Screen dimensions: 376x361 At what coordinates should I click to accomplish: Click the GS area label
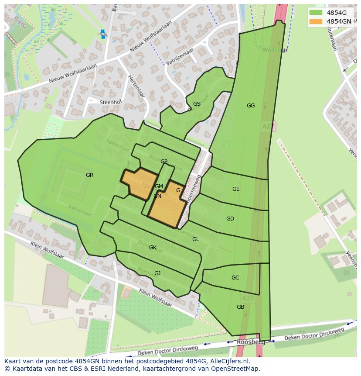click(197, 104)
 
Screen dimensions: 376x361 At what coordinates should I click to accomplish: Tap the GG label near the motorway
click(250, 106)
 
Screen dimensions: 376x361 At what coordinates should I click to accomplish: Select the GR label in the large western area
click(89, 175)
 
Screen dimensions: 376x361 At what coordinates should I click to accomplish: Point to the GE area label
click(236, 189)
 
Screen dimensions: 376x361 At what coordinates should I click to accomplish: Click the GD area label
click(230, 219)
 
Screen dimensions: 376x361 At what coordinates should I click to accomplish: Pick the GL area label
click(196, 239)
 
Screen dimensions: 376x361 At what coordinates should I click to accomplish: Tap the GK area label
click(153, 248)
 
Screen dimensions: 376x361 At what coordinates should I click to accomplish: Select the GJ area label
click(157, 273)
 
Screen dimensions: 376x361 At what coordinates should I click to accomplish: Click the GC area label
click(235, 278)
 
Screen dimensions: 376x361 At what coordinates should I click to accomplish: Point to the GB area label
click(240, 307)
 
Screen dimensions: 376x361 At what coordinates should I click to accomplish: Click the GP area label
click(164, 162)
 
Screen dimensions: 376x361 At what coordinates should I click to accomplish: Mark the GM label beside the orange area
click(159, 186)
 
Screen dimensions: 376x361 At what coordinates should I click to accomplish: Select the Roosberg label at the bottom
click(248, 342)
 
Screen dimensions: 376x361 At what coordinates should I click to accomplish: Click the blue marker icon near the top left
click(103, 34)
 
